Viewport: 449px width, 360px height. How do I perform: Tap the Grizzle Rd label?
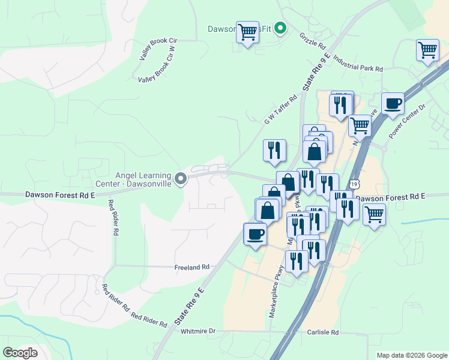[x=312, y=40]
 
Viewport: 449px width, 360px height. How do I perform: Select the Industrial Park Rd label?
[x=357, y=64]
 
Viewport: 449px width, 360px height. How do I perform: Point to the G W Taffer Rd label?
[x=280, y=110]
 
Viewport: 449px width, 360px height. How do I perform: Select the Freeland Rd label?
[x=191, y=267]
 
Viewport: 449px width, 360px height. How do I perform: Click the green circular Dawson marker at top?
[x=279, y=28]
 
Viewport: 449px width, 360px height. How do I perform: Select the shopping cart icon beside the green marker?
[x=247, y=32]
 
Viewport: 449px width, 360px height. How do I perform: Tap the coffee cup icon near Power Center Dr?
[x=393, y=103]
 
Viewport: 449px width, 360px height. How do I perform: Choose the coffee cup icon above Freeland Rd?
[x=255, y=233]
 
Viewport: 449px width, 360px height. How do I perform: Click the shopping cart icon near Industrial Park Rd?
[x=427, y=50]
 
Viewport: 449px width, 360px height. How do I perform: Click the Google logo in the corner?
[x=20, y=353]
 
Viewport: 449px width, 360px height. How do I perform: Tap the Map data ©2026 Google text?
[x=411, y=355]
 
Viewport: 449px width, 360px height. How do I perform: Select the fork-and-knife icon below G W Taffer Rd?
[x=274, y=150]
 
